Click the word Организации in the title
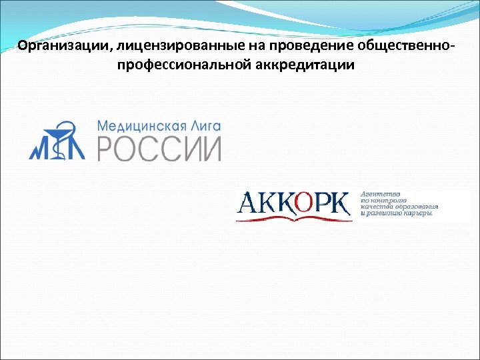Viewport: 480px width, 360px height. coord(56,47)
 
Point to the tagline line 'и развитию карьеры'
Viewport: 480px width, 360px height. coord(397,214)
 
